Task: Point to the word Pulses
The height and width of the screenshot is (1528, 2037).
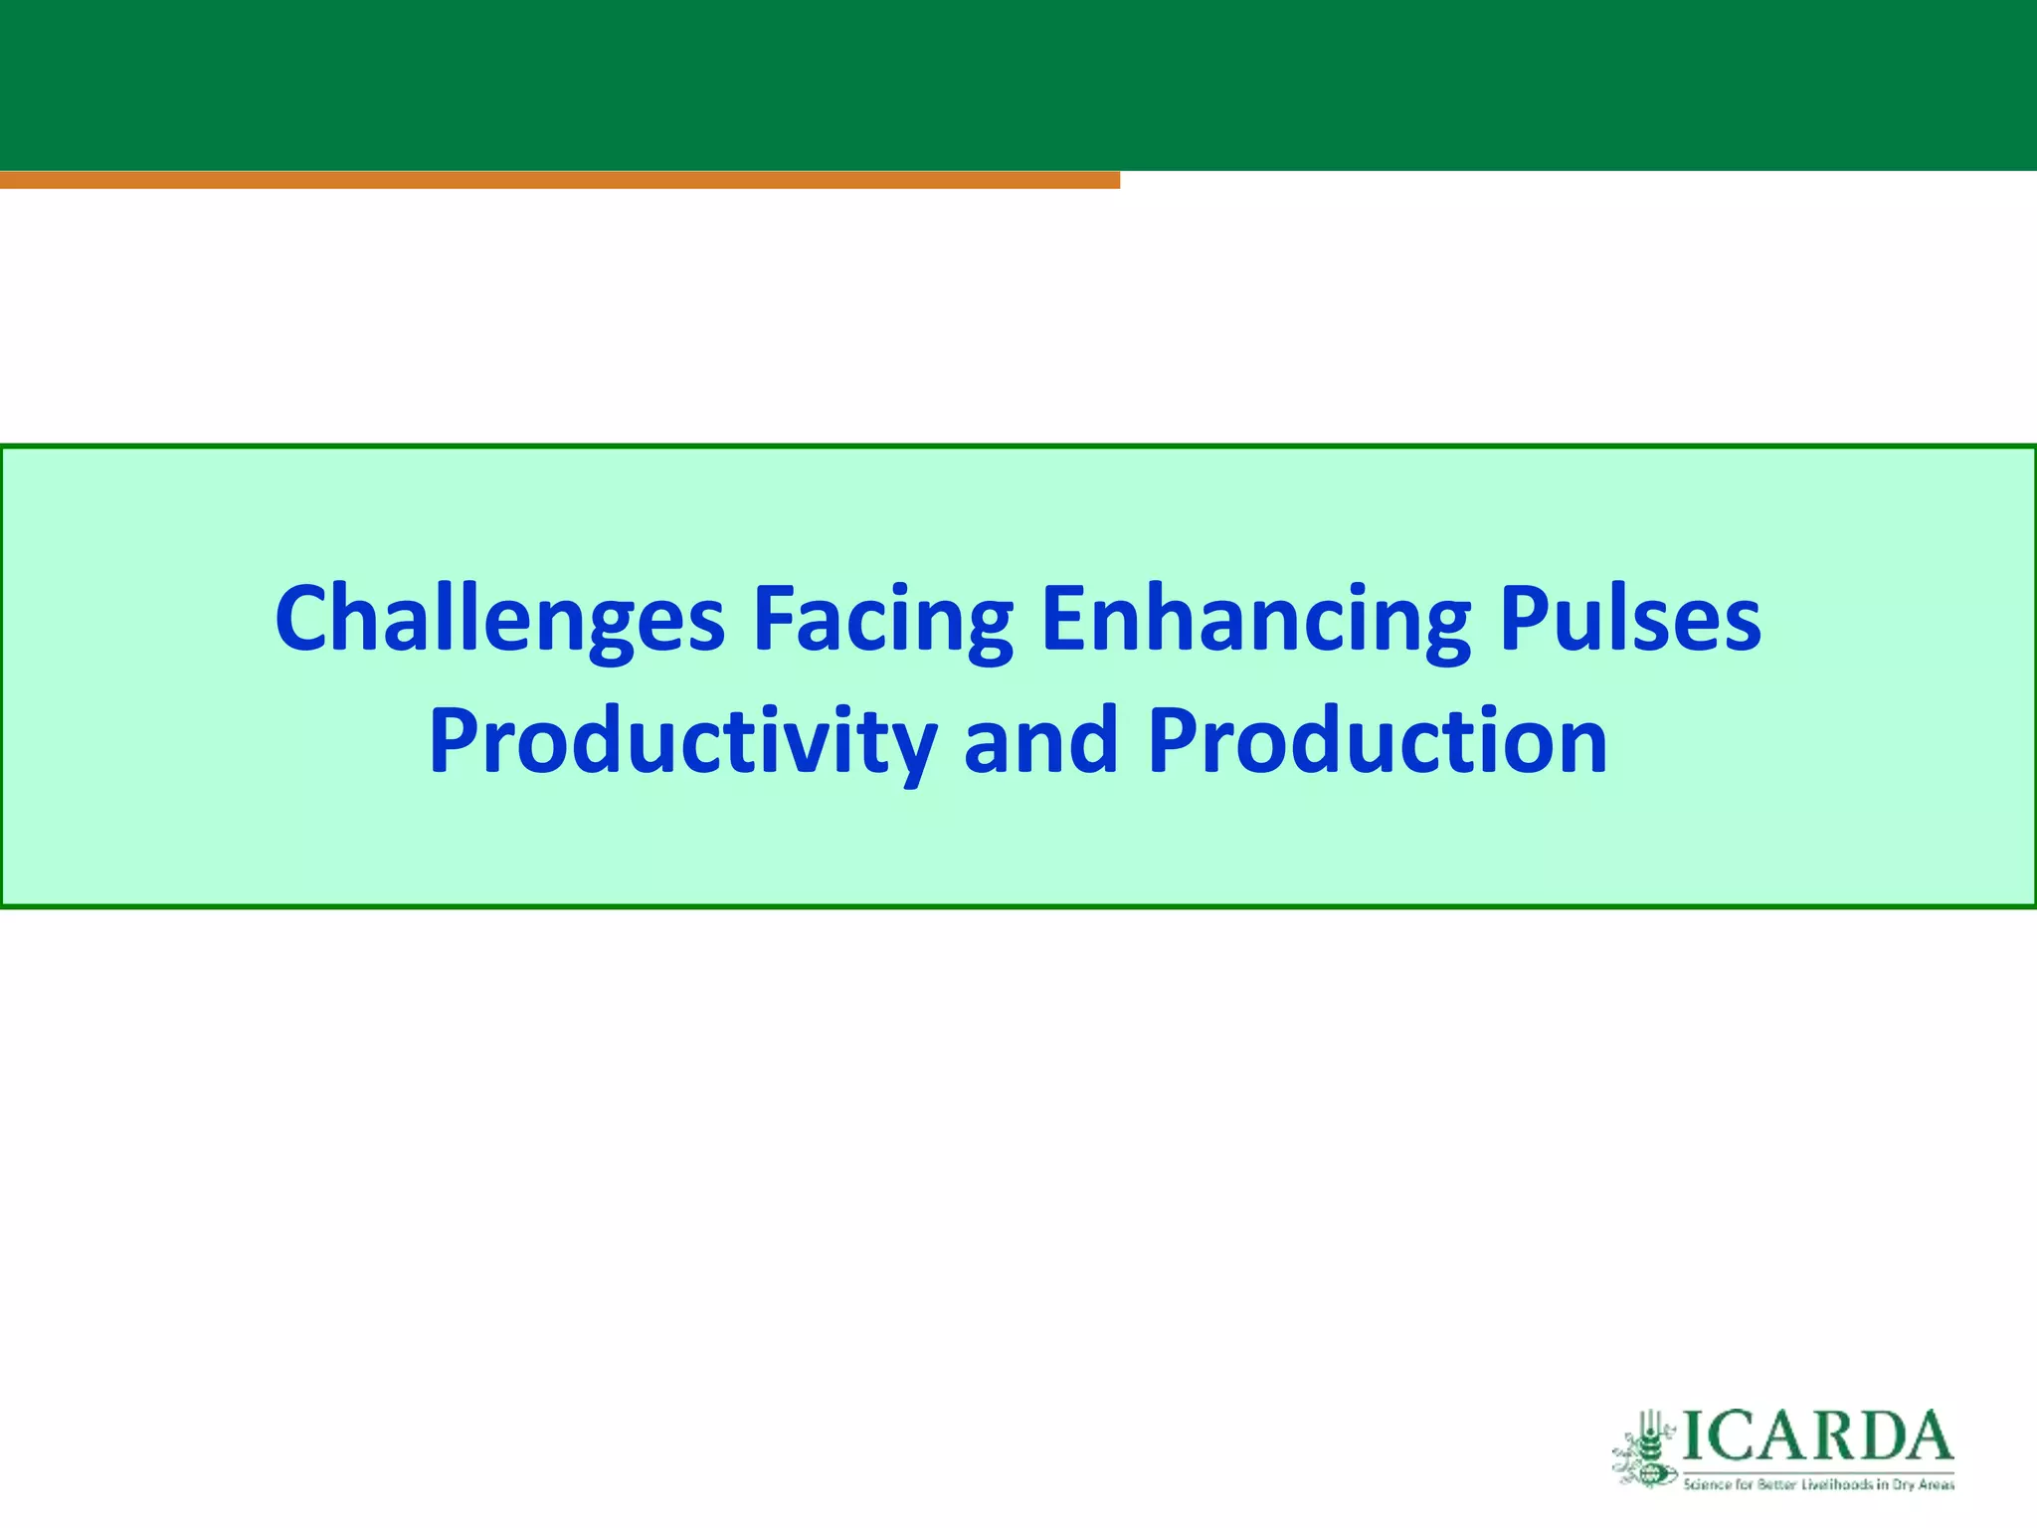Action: (x=1630, y=619)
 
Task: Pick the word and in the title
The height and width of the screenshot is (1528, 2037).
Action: (x=1040, y=741)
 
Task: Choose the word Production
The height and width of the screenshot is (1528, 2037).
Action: (x=1377, y=741)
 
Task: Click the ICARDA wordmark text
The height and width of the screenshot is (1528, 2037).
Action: (x=1816, y=1435)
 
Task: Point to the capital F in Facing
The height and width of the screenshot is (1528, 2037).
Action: (x=775, y=619)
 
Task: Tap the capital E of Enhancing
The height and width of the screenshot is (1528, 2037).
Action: (x=1064, y=619)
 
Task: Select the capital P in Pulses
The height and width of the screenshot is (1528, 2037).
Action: (x=1526, y=619)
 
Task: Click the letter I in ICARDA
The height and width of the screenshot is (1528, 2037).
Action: (x=1694, y=1435)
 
